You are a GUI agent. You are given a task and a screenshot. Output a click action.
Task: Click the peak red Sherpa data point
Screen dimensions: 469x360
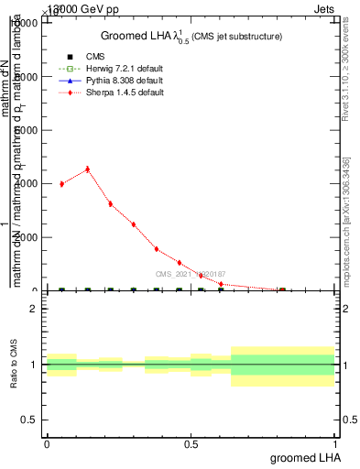coord(87,169)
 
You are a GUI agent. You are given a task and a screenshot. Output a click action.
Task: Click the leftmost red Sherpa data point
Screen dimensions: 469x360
coord(61,184)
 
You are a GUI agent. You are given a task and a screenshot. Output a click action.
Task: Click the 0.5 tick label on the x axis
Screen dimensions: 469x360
coord(191,443)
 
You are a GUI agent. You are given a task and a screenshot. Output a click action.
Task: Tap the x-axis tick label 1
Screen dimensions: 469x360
coord(336,443)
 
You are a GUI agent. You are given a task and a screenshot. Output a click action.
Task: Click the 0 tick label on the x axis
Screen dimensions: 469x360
coord(47,443)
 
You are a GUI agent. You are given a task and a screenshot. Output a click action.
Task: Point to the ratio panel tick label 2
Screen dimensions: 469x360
coord(33,309)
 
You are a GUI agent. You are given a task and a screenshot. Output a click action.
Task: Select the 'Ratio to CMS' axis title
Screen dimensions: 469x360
coord(14,365)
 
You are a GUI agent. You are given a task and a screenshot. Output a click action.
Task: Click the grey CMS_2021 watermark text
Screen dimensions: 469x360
coord(190,274)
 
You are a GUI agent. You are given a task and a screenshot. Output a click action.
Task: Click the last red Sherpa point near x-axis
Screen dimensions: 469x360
coord(282,289)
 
